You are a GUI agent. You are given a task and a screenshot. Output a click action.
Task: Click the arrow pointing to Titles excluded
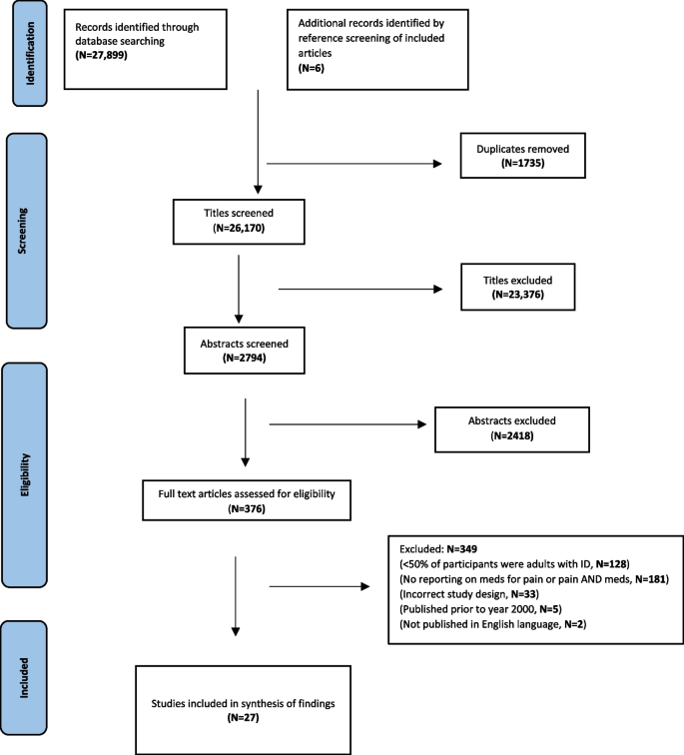click(359, 291)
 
